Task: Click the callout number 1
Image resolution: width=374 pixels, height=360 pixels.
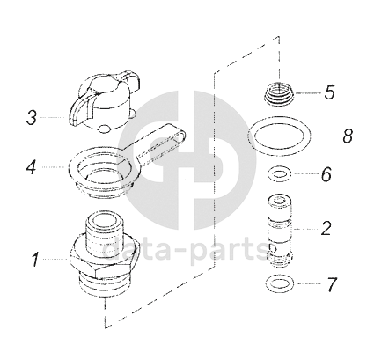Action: pos(36,260)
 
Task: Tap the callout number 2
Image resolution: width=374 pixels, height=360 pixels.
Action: pos(326,228)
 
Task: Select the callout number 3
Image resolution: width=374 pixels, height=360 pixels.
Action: pos(32,118)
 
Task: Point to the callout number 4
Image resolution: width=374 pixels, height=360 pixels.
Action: pos(32,167)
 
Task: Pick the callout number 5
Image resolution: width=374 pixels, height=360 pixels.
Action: pos(329,92)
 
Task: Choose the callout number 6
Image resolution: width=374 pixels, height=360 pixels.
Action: pos(326,174)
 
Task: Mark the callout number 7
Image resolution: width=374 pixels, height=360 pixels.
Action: pos(332,284)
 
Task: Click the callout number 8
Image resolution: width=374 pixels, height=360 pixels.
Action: pos(348,136)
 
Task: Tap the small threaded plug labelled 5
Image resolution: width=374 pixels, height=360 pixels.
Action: pos(280,92)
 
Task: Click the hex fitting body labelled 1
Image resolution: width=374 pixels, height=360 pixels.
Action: pos(102,259)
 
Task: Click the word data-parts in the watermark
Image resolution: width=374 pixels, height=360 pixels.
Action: pos(187,250)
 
